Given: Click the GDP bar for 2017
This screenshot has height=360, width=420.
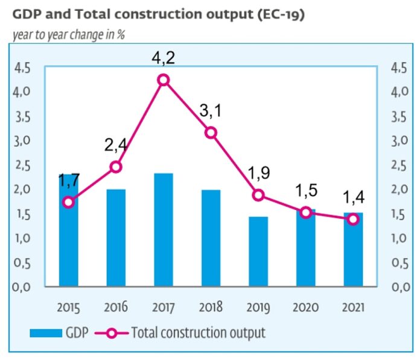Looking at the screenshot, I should click(163, 230).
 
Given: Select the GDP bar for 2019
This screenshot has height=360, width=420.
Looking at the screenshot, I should click(258, 251).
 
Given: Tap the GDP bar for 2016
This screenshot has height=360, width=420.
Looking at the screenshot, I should click(116, 238).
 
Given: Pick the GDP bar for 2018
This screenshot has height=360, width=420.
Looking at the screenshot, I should click(211, 238).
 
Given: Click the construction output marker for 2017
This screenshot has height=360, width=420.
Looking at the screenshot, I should click(163, 80).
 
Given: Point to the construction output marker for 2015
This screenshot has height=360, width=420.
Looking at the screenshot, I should click(68, 202).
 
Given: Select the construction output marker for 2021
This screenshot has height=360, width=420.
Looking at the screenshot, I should click(352, 219).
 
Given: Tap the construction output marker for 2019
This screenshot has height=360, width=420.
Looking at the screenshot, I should click(258, 195).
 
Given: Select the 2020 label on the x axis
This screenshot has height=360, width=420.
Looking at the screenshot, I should click(305, 307).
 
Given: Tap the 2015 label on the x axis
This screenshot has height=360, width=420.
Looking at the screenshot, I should click(68, 307).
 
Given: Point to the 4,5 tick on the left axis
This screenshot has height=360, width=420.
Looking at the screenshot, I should click(22, 68).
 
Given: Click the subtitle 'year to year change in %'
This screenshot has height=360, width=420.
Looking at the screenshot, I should click(68, 34).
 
